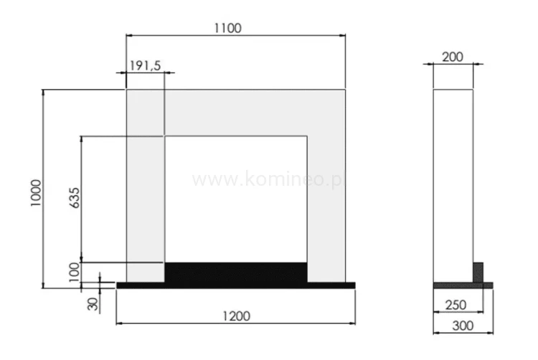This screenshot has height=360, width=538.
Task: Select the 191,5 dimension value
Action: point(146,65)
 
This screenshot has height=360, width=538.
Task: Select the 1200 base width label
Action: point(235,316)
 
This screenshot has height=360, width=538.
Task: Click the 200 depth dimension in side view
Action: point(453,57)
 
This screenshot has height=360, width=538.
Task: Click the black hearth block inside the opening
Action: point(236,272)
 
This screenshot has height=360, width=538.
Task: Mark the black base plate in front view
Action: point(236,285)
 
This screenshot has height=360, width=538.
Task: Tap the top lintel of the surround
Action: point(236,112)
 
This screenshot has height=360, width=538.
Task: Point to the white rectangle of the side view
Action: point(453,179)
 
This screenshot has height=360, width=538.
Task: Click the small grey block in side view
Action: point(478,273)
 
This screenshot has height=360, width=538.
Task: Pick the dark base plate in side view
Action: point(463,285)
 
